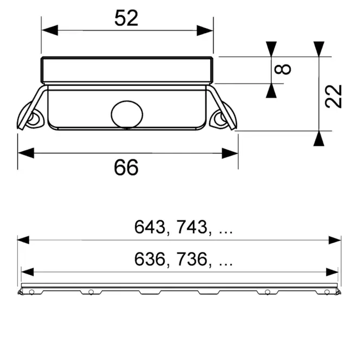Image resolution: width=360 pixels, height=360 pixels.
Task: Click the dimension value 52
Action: tap(126, 18)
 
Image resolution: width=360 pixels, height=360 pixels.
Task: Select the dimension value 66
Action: tap(126, 167)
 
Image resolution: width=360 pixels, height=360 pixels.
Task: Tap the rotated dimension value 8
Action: tap(282, 69)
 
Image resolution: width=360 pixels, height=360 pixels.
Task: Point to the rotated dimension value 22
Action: tap(333, 96)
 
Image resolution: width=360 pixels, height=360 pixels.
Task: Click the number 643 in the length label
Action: tap(150, 227)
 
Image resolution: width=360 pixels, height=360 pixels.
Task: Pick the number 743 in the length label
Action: tap(192, 227)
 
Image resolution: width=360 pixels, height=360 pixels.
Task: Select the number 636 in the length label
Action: tap(150, 259)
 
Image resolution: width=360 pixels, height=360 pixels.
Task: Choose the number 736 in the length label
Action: tap(192, 259)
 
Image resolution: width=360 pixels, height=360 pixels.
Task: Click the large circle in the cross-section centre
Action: tap(127, 114)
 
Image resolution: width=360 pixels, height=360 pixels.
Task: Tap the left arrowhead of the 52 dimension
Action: tap(49, 30)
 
